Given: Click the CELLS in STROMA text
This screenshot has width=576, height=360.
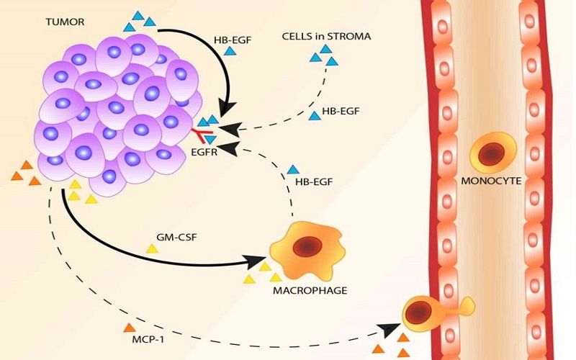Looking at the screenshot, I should [x=327, y=35].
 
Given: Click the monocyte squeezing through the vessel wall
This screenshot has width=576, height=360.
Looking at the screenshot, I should [x=425, y=311].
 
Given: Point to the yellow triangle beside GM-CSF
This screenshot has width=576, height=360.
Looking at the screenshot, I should [x=152, y=248].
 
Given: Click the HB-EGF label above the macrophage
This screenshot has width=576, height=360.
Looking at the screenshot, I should [x=313, y=183].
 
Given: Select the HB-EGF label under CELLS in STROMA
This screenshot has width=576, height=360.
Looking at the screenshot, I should [x=341, y=112].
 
